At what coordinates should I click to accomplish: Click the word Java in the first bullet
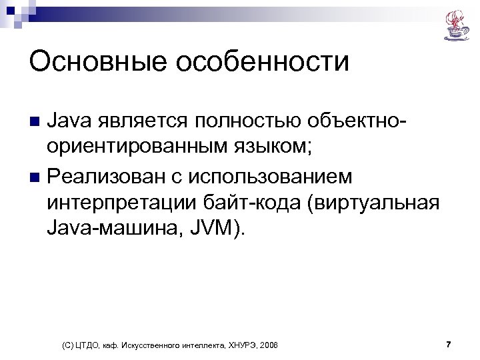coord(69,122)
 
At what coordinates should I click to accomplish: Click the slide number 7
coord(449,344)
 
